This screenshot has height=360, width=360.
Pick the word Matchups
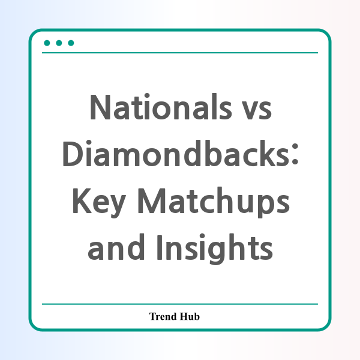(214, 202)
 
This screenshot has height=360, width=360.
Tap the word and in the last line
(116, 247)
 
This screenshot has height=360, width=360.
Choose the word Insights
(215, 249)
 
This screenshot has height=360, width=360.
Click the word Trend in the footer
(163, 316)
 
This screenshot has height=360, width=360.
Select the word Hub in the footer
(190, 316)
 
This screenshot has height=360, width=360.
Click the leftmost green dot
(47, 43)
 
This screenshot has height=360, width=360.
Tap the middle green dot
(59, 43)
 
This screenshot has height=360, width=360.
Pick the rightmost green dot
(71, 43)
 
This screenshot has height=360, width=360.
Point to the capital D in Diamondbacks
(73, 154)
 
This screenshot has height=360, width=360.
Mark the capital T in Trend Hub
(153, 316)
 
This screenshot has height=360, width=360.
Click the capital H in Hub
(184, 316)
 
